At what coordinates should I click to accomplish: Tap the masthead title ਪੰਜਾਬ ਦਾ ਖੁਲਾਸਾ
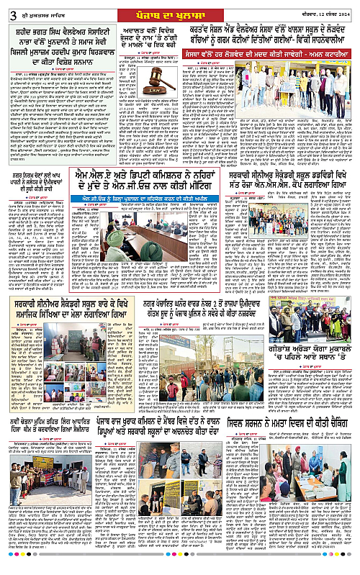pyautogui.click(x=179, y=13)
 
